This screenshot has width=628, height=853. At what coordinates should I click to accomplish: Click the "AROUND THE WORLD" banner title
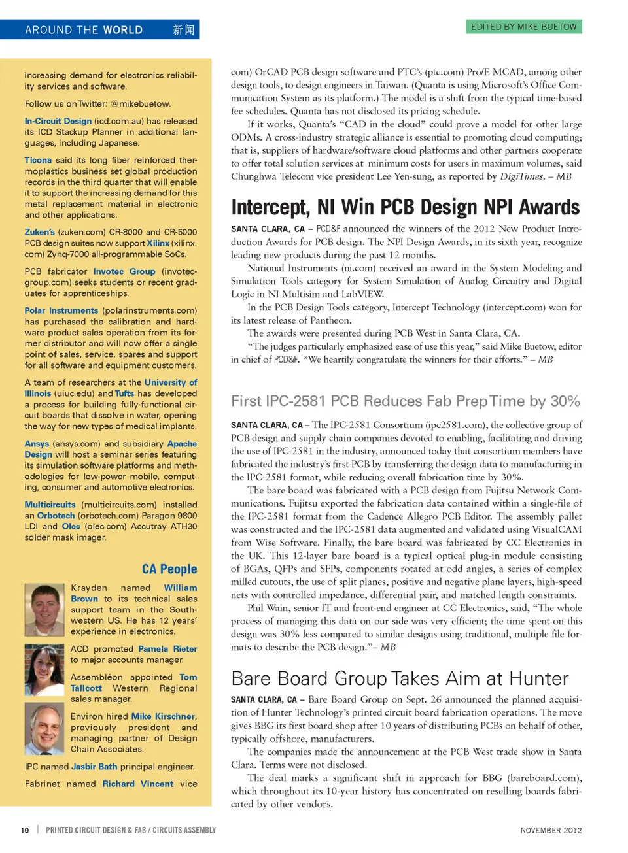pyautogui.click(x=84, y=30)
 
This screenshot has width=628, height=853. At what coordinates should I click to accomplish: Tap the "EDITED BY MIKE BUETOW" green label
pyautogui.click(x=523, y=27)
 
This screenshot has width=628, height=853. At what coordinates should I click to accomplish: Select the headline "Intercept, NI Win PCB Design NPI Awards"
pyautogui.click(x=405, y=207)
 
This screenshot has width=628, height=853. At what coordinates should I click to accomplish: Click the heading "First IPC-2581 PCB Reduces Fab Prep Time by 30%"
pyautogui.click(x=405, y=401)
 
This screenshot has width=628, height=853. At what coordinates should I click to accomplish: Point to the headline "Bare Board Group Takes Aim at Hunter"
pyautogui.click(x=400, y=678)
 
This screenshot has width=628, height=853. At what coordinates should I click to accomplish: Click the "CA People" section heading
pyautogui.click(x=169, y=569)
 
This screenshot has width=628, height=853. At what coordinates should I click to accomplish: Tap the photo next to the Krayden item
pyautogui.click(x=44, y=609)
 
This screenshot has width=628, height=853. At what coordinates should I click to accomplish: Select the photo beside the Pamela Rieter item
pyautogui.click(x=44, y=670)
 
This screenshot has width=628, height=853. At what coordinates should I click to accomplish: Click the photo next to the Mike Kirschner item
pyautogui.click(x=44, y=730)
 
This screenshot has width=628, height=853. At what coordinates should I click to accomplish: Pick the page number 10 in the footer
pyautogui.click(x=25, y=830)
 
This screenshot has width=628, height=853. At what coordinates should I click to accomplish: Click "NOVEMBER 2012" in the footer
pyautogui.click(x=551, y=830)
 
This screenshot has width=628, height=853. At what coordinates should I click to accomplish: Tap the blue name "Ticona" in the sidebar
pyautogui.click(x=38, y=160)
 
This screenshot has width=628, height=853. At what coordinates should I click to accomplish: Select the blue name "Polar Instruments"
pyautogui.click(x=61, y=310)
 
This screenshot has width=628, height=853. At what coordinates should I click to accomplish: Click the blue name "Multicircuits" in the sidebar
pyautogui.click(x=50, y=505)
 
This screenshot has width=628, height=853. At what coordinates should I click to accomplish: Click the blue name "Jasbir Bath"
pyautogui.click(x=94, y=767)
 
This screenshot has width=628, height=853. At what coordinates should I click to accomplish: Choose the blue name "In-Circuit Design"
pyautogui.click(x=58, y=121)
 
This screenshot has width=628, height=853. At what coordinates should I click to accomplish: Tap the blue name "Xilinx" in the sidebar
pyautogui.click(x=158, y=243)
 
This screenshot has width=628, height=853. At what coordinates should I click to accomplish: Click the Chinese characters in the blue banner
pyautogui.click(x=183, y=30)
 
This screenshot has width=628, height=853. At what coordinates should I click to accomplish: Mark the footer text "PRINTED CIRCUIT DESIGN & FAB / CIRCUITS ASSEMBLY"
pyautogui.click(x=131, y=830)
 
